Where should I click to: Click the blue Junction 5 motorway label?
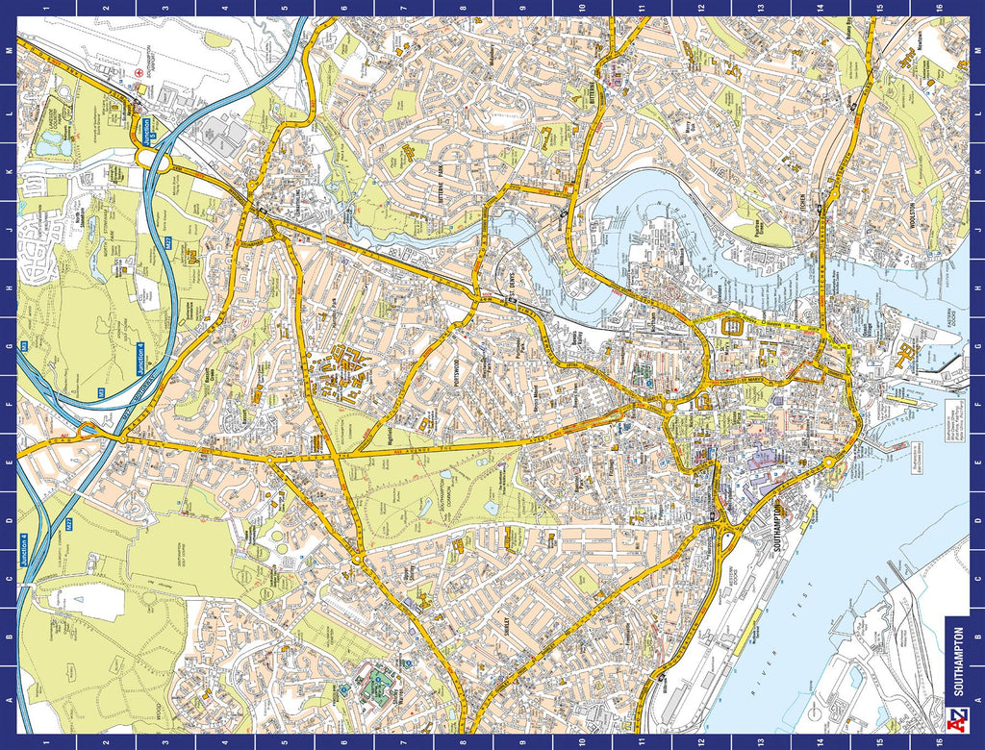[146, 128]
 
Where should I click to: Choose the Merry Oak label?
[687, 127]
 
